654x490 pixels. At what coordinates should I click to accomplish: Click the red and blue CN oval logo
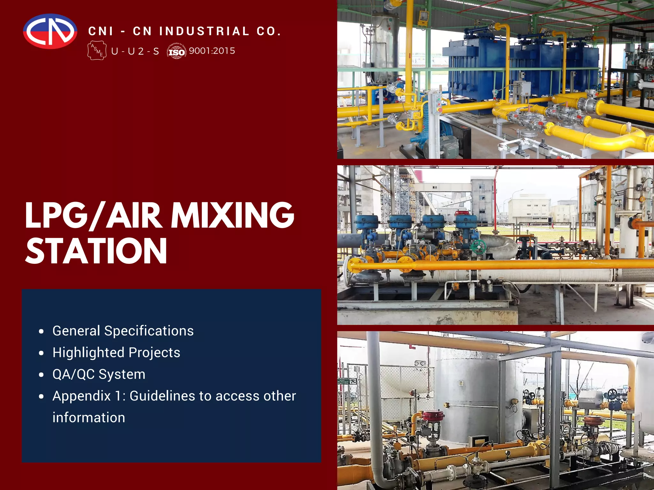pos(50,31)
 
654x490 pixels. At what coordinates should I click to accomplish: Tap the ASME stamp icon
pos(97,50)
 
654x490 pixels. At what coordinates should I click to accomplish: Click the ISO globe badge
pos(177,51)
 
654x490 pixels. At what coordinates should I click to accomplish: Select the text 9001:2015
pos(212,51)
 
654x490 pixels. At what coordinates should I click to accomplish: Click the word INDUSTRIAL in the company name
pos(204,31)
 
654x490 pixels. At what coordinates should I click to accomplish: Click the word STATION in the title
pos(96,251)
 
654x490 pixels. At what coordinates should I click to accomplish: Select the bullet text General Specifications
pos(123,331)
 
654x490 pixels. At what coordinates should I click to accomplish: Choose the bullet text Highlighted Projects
pos(116,353)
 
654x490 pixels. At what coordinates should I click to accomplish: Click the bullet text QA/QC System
pos(99,374)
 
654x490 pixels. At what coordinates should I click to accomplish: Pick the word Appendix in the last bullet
pos(82,396)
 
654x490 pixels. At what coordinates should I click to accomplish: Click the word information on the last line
pos(89,418)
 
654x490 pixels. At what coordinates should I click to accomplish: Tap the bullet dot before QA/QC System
pos(41,375)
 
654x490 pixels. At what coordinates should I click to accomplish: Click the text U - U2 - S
pos(135,51)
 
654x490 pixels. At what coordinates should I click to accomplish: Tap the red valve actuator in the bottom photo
pos(433,416)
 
